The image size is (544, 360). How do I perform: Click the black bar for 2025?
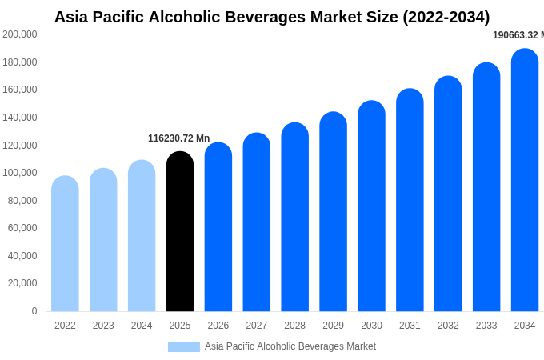180,232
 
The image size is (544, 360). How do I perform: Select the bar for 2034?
525,181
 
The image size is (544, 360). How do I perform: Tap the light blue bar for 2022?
65,244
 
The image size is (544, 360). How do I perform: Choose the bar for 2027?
257,222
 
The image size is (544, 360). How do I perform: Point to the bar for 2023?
103,240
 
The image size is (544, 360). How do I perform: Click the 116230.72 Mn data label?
178,138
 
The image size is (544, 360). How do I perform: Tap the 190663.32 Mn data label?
518,35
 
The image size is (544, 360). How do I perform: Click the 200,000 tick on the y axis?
20,34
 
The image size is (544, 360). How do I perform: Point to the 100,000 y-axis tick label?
20,173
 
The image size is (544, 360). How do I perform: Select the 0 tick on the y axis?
34,311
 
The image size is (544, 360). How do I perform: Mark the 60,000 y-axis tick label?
22,228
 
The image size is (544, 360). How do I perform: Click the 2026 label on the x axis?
218,326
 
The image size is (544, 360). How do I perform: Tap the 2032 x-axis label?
448,326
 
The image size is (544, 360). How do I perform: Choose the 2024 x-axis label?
142,326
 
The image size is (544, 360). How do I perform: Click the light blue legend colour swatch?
184,347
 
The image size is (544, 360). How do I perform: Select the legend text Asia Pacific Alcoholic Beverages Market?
290,346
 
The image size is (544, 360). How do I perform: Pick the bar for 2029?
333,212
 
